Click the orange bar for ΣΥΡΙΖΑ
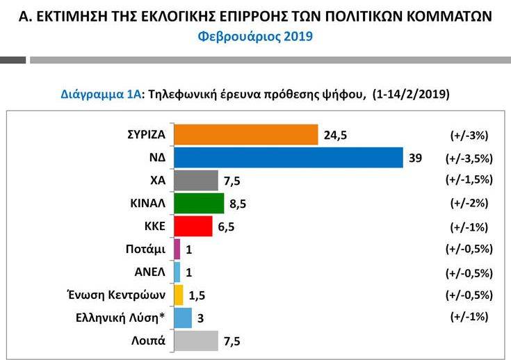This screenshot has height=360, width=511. click(x=245, y=134)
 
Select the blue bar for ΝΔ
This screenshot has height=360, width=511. click(x=288, y=157)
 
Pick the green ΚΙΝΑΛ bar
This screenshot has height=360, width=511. click(x=198, y=203)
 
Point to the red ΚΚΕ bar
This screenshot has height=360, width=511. click(x=193, y=226)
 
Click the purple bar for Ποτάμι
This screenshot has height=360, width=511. click(x=177, y=249)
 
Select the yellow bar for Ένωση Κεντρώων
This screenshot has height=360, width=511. click(x=178, y=295)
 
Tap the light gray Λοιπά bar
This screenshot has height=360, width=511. click(x=195, y=341)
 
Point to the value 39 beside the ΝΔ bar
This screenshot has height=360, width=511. click(x=416, y=158)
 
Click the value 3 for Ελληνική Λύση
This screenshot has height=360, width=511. click(x=200, y=318)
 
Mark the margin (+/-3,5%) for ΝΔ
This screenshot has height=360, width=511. click(x=468, y=158)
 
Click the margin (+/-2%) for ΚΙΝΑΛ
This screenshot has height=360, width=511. click(x=468, y=203)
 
